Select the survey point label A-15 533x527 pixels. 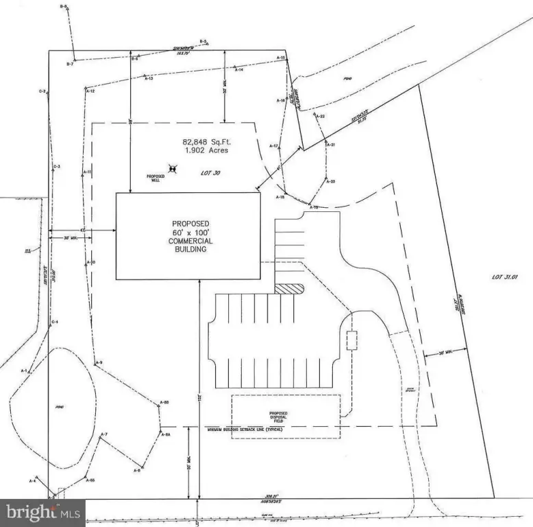pyautogui.click(x=280, y=58)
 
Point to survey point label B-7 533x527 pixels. pyautogui.click(x=69, y=65)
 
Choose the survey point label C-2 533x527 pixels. pyautogui.click(x=42, y=91)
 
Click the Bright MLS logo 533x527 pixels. pyautogui.click(x=42, y=512)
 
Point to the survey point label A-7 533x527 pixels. pyautogui.click(x=104, y=434)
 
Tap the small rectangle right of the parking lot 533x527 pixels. pyautogui.click(x=353, y=340)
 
